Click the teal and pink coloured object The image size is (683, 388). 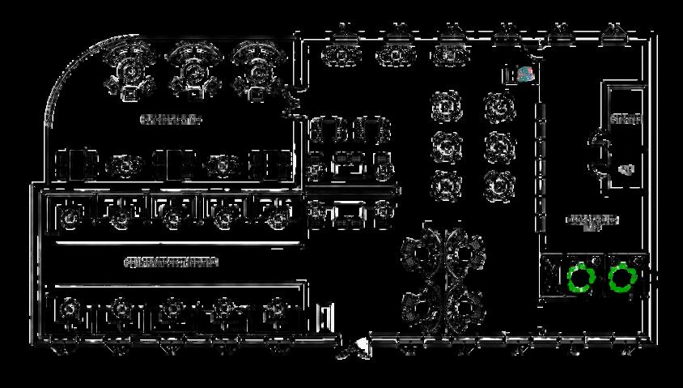[525, 75]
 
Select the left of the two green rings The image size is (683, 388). [579, 277]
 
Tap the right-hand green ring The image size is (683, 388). [622, 277]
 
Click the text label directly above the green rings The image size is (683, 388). [592, 221]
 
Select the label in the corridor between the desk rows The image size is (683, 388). [171, 262]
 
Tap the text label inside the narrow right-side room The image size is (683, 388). [625, 120]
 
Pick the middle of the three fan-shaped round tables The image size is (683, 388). [193, 70]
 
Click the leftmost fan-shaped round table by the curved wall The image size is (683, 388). [129, 70]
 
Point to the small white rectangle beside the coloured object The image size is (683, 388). [510, 75]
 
